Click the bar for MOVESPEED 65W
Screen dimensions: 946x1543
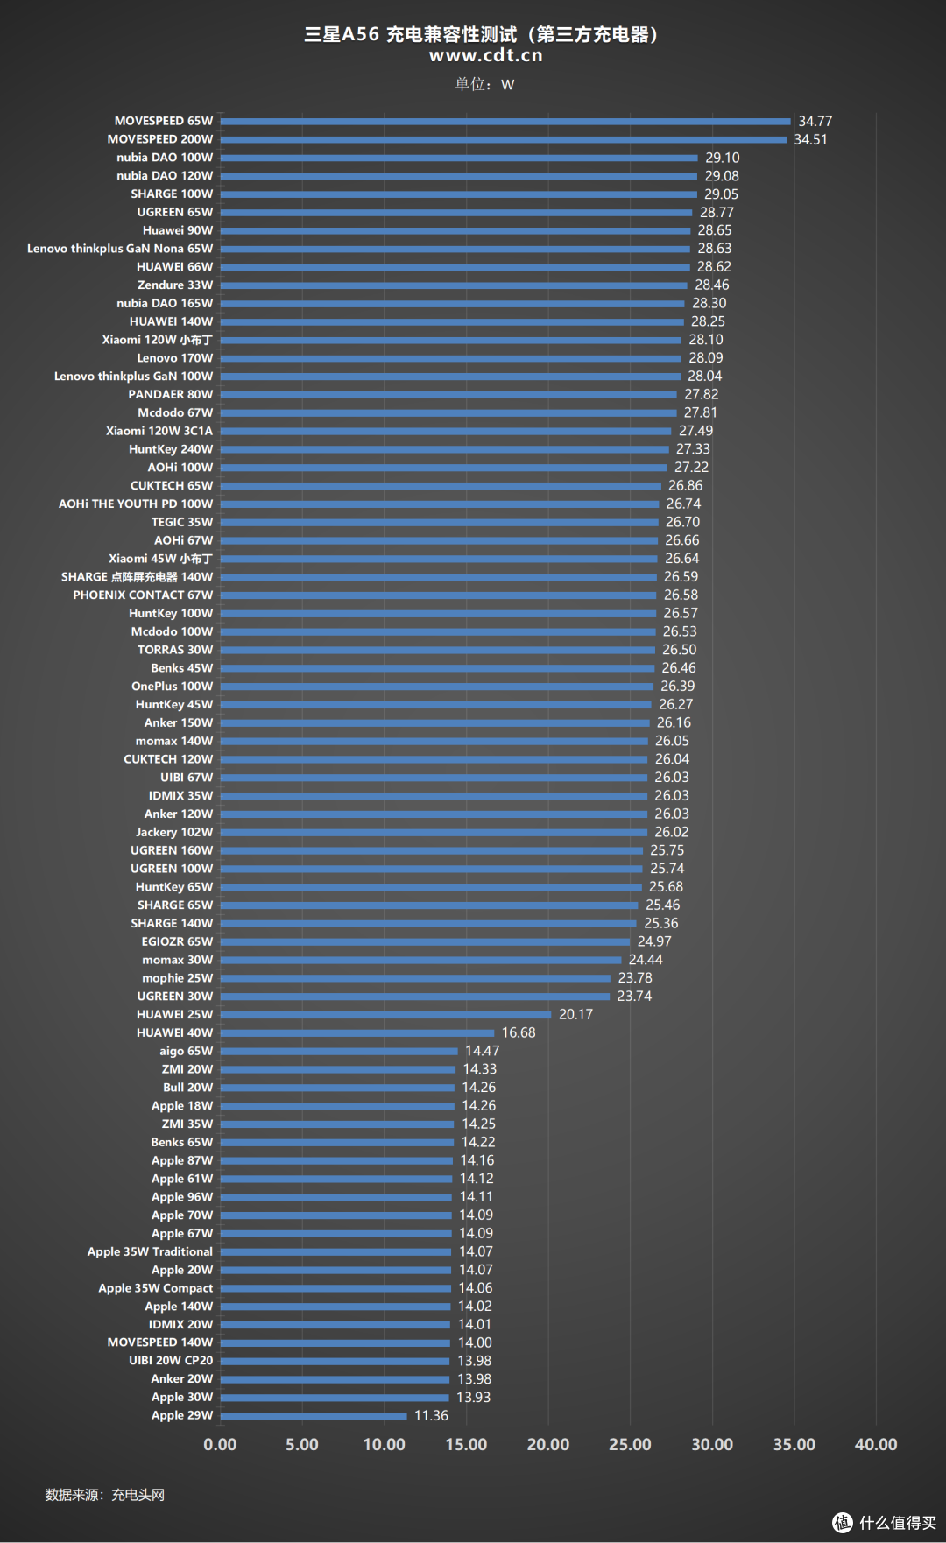(505, 122)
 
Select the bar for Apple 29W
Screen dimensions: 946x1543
(314, 1416)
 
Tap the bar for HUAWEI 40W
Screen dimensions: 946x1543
(357, 1033)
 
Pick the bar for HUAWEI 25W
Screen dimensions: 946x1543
(385, 1015)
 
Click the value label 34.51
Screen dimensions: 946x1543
(810, 139)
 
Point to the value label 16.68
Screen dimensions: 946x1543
(519, 1033)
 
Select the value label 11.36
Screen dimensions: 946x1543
(431, 1416)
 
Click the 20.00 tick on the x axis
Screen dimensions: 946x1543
(548, 1445)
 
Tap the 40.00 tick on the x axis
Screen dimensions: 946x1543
(876, 1445)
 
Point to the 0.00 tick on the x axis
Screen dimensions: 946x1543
(220, 1445)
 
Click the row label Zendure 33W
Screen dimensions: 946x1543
(175, 285)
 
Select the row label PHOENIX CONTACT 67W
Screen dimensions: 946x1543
(143, 595)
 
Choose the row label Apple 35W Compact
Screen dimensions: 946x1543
(156, 1288)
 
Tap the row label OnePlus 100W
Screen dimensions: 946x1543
(173, 687)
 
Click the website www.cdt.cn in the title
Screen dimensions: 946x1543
(486, 55)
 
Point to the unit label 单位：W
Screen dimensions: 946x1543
(484, 84)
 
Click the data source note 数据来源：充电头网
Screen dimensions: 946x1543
(105, 1495)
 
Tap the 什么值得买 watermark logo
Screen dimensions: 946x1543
(884, 1523)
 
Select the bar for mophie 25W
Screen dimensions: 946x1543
(415, 978)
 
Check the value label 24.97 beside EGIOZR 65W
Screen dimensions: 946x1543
(654, 941)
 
